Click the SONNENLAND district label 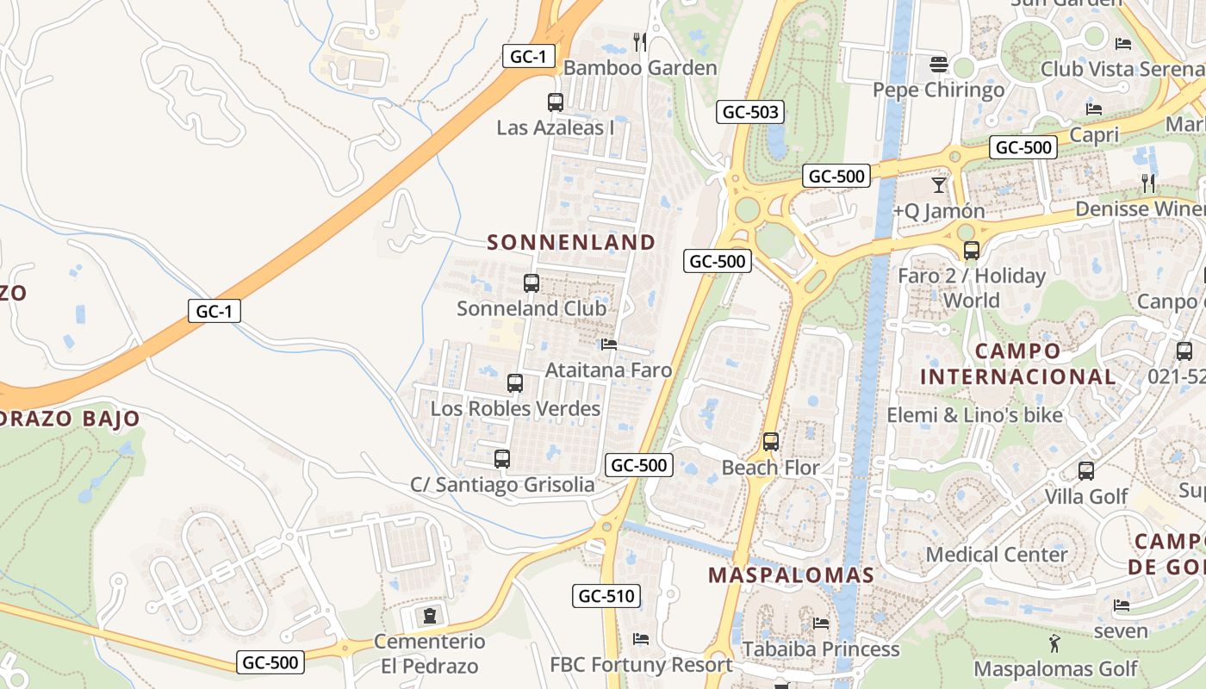coord(571,242)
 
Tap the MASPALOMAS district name coord(791,575)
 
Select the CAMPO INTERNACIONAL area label coord(1017,364)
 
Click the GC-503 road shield coord(750,111)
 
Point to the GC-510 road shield coord(606,595)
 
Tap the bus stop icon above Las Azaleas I coord(556,102)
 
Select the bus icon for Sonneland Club coord(532,283)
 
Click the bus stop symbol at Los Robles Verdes coord(515,383)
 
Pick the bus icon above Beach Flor coord(771,442)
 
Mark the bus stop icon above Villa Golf coord(1086,471)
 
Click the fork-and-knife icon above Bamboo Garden coord(640,42)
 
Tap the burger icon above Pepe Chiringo coord(939,65)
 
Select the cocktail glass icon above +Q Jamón coord(939,185)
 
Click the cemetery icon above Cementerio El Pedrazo coord(429,616)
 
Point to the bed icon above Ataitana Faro coord(609,344)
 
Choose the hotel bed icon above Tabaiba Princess coord(821,623)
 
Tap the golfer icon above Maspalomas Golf coord(1054,642)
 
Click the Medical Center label coord(997,555)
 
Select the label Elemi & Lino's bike coord(974,415)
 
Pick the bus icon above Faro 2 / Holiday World coord(972,251)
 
